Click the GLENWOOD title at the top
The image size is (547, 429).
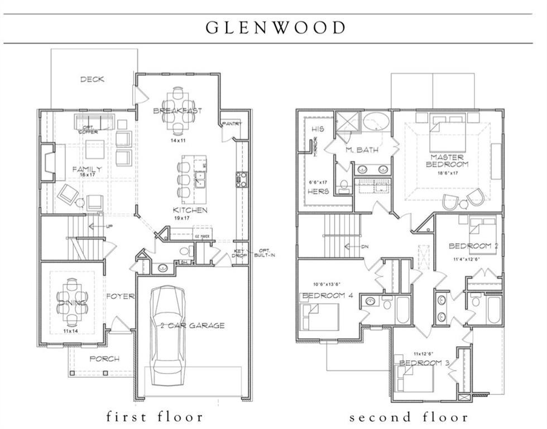[x=276, y=27]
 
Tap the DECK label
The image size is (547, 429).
[x=92, y=79]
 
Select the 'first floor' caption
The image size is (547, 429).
[x=155, y=417]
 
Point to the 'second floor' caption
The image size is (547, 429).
[x=409, y=417]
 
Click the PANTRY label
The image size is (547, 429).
[x=232, y=123]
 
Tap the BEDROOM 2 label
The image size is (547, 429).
[x=473, y=246]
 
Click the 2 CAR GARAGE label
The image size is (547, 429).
[x=192, y=326]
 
